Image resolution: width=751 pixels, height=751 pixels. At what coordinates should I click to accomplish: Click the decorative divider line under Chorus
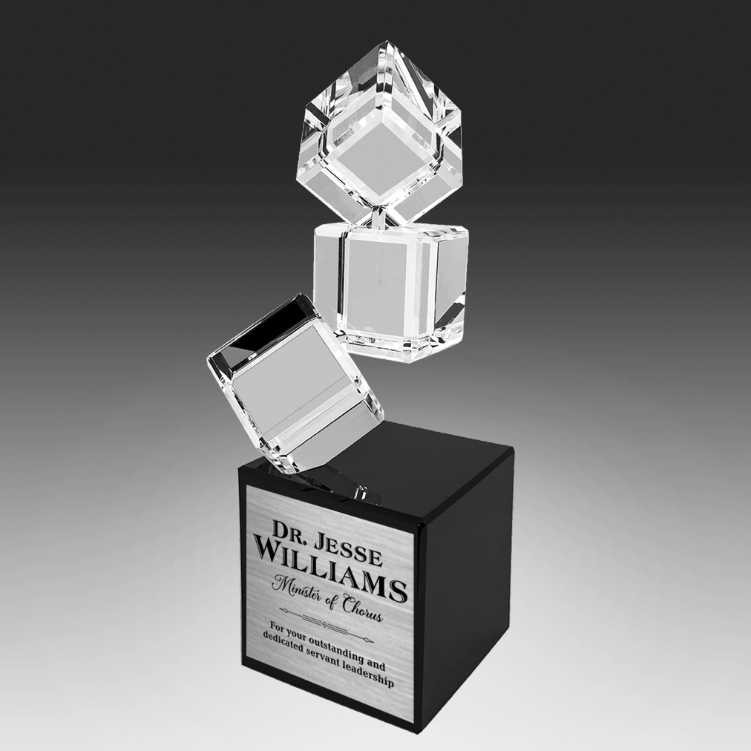(x=327, y=626)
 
